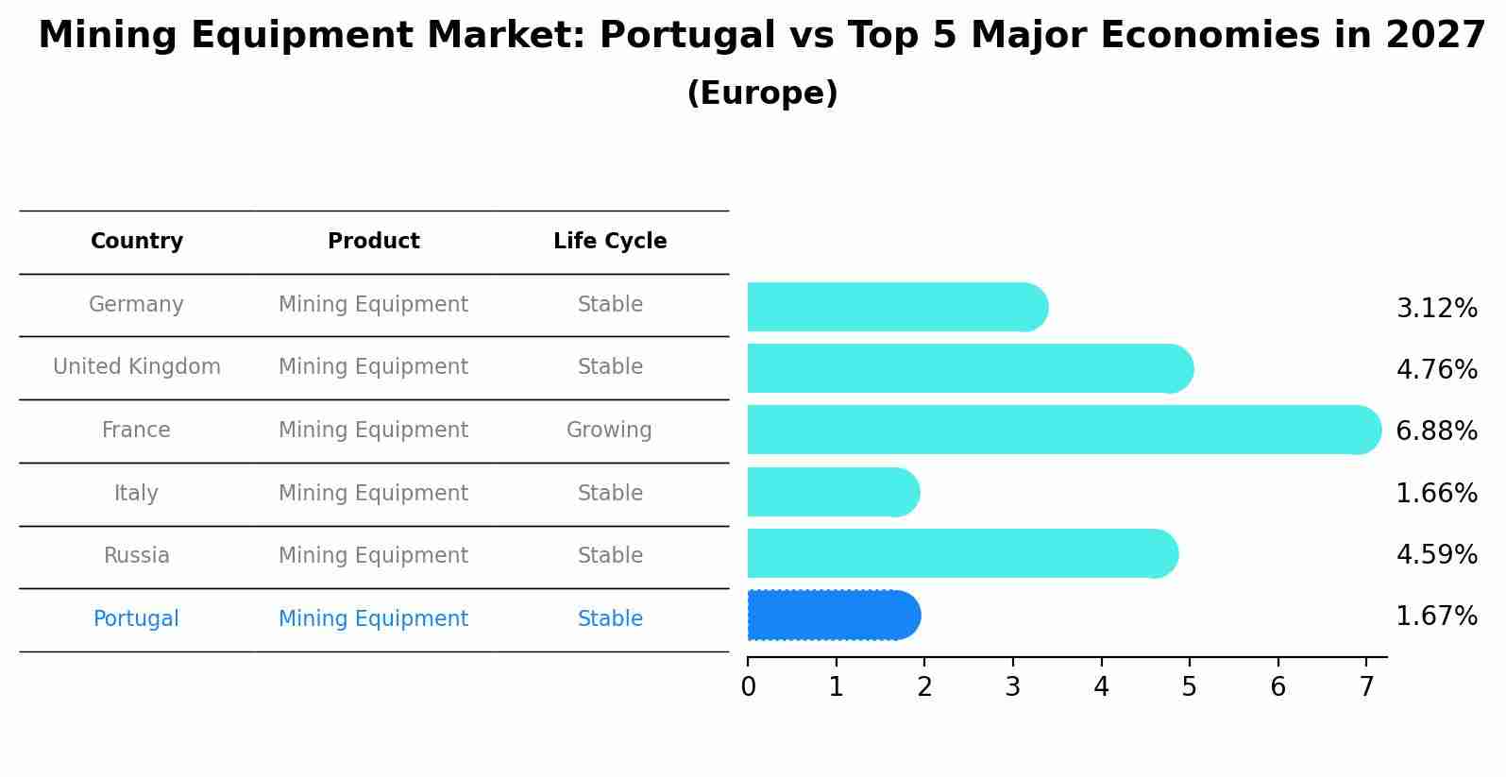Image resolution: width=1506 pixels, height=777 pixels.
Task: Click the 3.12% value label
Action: pos(1436,309)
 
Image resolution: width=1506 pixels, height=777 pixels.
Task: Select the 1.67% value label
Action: pos(1436,617)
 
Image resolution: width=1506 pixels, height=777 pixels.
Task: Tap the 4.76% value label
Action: pos(1436,369)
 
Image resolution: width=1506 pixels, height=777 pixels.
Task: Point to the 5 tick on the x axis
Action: pos(1189,687)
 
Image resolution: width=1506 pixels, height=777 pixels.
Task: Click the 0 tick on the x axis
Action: pos(748,687)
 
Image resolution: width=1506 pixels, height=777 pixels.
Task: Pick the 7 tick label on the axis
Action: pos(1365,687)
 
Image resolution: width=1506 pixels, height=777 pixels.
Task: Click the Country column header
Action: pos(137,242)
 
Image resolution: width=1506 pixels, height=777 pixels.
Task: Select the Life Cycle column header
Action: pos(610,242)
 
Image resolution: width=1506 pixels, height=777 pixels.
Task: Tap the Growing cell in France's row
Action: pos(609,431)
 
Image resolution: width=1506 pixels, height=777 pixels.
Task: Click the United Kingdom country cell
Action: pos(137,367)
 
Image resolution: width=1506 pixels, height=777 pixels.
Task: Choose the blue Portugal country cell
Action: pos(136,619)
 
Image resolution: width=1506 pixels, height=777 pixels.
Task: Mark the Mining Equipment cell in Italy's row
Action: pos(373,494)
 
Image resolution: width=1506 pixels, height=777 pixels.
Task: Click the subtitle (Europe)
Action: pos(762,93)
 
